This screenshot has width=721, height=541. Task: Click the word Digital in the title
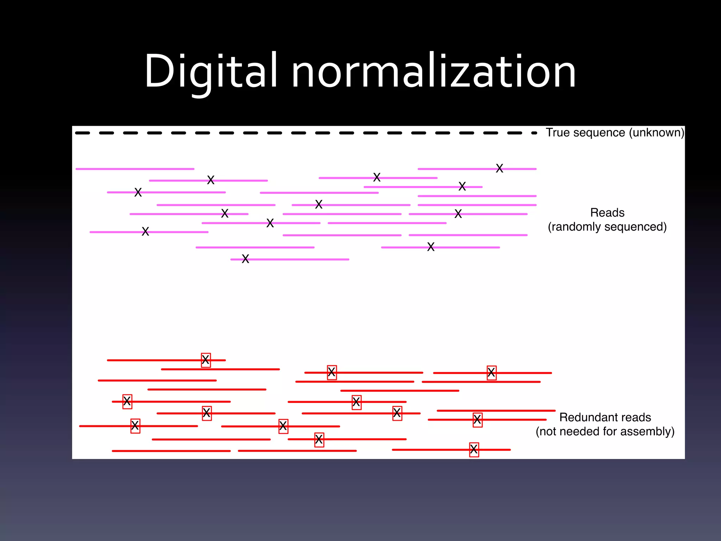[x=211, y=71]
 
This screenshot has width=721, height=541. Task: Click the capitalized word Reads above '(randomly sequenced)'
[x=607, y=213]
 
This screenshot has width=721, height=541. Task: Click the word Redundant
[x=588, y=417]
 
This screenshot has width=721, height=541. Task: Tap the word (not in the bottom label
[x=547, y=431]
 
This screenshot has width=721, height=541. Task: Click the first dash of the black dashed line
[x=82, y=133]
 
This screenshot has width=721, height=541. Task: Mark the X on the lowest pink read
[x=245, y=259]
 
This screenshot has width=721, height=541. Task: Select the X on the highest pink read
[x=499, y=168]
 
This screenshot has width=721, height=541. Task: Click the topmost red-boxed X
[x=206, y=360]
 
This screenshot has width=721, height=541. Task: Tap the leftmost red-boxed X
[x=127, y=401]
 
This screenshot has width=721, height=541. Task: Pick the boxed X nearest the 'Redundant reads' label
[x=477, y=420]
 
